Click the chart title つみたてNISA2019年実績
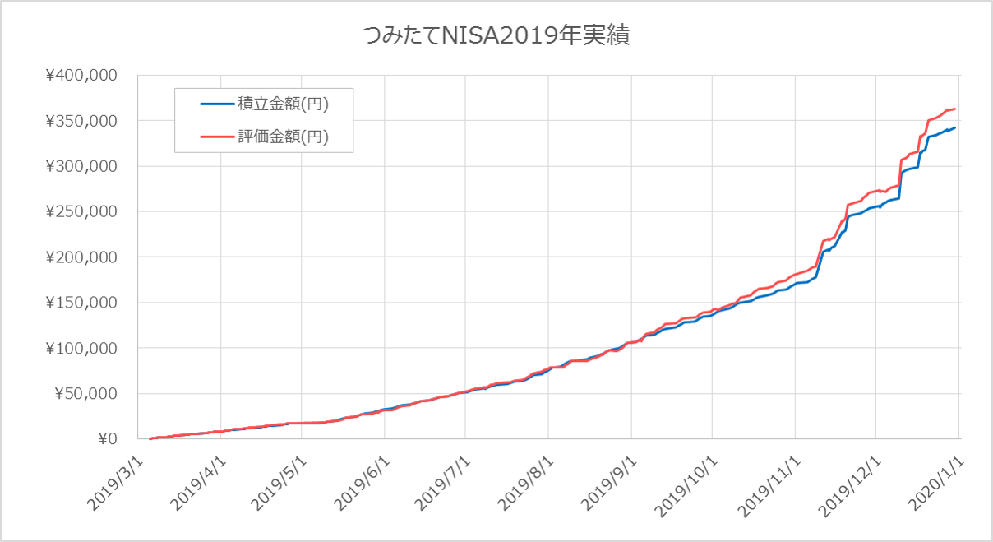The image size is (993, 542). tap(496, 35)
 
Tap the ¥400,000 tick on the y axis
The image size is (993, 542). tap(82, 76)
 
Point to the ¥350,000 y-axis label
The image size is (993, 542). tap(82, 121)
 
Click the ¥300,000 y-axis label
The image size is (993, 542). tap(82, 166)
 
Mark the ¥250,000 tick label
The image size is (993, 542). tap(82, 211)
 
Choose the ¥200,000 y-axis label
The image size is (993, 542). tap(82, 257)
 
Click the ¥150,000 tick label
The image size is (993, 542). tap(82, 303)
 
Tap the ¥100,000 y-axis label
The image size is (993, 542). tap(82, 348)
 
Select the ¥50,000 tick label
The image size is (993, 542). tap(85, 393)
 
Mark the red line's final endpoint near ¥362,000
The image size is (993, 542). tap(955, 109)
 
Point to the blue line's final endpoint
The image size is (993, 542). tap(955, 127)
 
